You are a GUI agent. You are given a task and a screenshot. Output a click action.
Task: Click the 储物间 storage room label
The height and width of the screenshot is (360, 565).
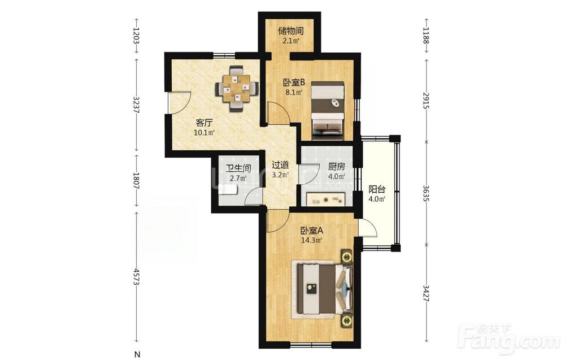point(291,31)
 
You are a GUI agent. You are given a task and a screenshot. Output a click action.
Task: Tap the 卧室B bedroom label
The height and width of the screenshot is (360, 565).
point(294,83)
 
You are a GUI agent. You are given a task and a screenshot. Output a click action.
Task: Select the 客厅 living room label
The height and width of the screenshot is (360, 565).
point(204,123)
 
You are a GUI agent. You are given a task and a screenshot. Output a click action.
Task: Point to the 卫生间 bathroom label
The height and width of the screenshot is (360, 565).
point(238,168)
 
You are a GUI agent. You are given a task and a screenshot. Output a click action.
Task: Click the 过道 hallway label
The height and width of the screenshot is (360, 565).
point(280,165)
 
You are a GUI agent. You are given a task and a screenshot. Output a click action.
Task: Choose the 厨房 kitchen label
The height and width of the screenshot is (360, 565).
point(337,167)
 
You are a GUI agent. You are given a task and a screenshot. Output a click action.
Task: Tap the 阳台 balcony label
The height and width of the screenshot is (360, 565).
point(377,189)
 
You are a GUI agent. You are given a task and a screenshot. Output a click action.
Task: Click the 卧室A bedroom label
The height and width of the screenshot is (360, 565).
point(312,230)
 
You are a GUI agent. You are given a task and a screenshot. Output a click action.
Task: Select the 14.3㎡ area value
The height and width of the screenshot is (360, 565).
point(312,240)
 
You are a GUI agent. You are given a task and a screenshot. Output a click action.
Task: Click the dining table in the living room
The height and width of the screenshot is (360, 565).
point(236,89)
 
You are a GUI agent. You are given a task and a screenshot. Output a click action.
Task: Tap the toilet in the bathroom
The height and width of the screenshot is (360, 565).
point(228,189)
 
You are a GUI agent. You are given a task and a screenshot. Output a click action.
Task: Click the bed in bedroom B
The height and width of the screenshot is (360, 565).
point(328,110)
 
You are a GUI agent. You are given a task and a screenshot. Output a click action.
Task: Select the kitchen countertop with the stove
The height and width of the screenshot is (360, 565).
point(326,199)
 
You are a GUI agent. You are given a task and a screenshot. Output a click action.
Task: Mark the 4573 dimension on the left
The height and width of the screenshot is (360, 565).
point(136,277)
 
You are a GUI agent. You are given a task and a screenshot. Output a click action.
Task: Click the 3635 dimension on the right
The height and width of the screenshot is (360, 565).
point(426,193)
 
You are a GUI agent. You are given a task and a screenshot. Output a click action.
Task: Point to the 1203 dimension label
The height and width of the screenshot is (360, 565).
point(136,35)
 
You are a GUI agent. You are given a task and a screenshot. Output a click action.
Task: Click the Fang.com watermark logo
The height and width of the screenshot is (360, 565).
point(510,337)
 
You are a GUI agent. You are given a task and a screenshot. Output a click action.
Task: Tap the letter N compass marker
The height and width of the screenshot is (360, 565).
point(137,354)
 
